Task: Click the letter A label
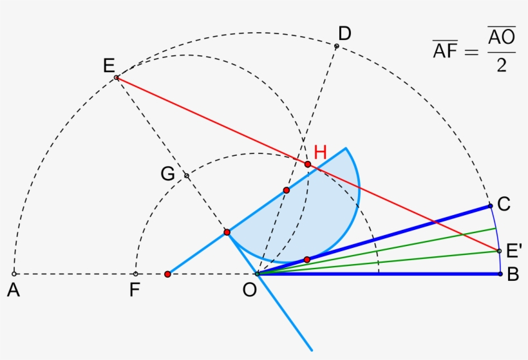pos(13,290)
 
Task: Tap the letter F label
pos(134,290)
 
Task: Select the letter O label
pos(250,290)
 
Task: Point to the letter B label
pos(513,274)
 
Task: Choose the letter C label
pos(504,204)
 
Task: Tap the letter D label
pos(344,33)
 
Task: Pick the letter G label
pos(168,175)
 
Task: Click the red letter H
pos(321,153)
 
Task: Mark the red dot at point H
pos(308,164)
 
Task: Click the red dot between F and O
pos(167,274)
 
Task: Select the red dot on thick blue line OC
pos(307,260)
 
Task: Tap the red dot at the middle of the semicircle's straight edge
pos(287,191)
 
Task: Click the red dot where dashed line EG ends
pos(227,232)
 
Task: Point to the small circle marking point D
pos(336,46)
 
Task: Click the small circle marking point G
pos(186,175)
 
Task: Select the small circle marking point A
pos(14,274)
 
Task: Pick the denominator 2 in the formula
pos(501,66)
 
